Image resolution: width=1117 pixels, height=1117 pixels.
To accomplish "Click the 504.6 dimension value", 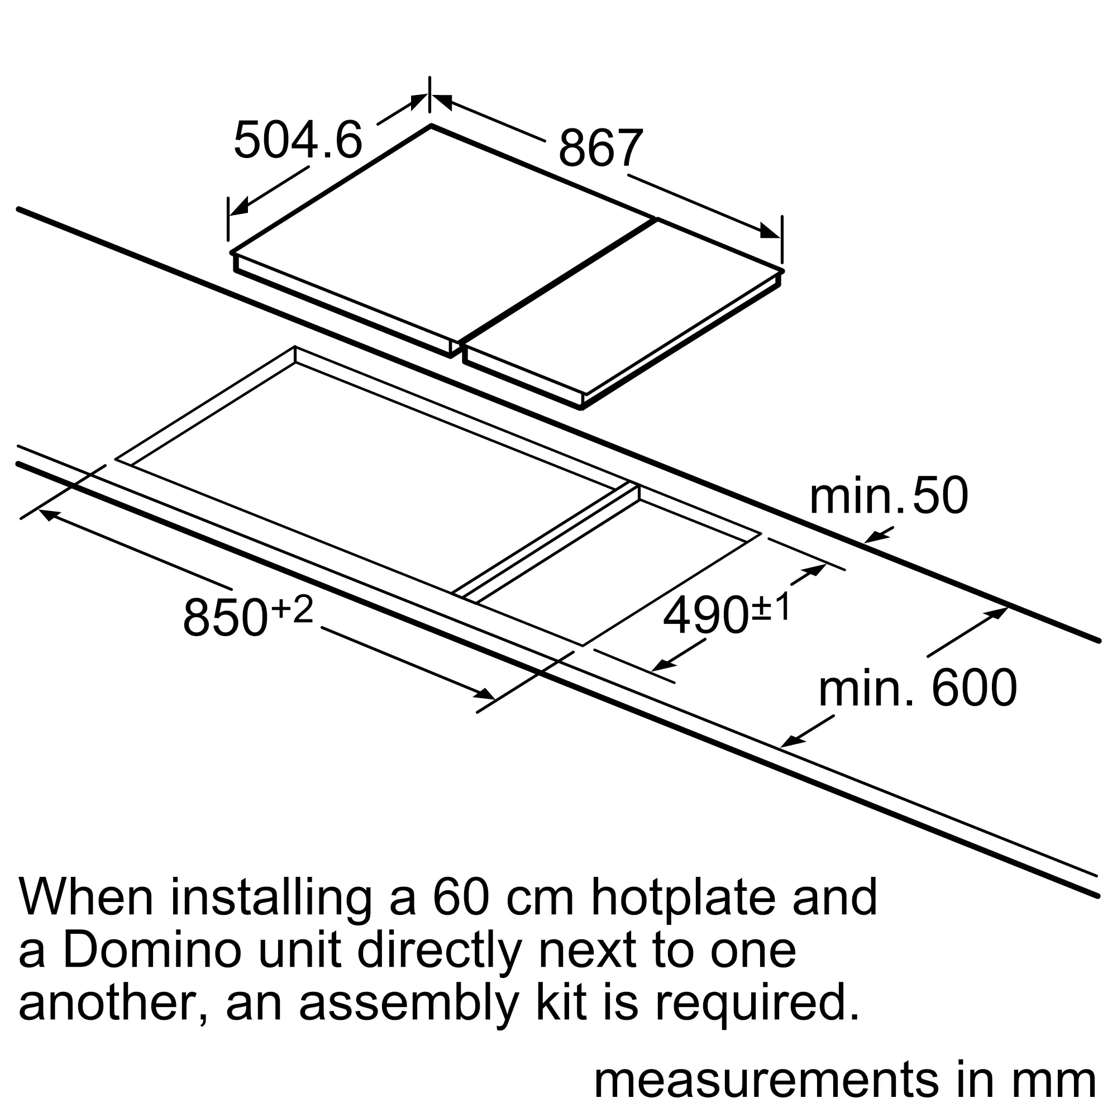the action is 298,139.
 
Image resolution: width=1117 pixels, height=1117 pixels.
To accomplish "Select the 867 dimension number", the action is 600,147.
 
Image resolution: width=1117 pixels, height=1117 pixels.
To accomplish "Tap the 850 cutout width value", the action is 226,618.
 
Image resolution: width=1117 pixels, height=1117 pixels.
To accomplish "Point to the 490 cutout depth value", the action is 705,617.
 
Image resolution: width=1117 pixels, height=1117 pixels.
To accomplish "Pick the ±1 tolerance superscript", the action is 770,608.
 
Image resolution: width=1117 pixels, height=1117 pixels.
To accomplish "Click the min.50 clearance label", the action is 889,495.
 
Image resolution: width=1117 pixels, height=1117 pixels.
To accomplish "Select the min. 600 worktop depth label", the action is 918,688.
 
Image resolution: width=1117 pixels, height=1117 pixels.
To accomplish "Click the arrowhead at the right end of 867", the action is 770,231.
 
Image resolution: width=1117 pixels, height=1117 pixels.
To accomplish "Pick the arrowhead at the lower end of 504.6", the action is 239,207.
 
